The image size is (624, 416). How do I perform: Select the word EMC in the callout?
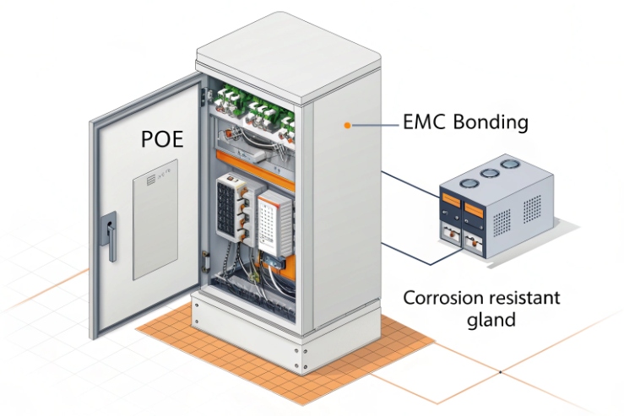[423, 122]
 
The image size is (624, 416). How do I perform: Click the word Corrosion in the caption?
[442, 298]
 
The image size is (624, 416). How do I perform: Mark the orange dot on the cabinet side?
[346, 125]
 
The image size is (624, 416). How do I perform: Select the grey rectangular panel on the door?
[155, 219]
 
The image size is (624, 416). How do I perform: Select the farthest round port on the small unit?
[511, 165]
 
